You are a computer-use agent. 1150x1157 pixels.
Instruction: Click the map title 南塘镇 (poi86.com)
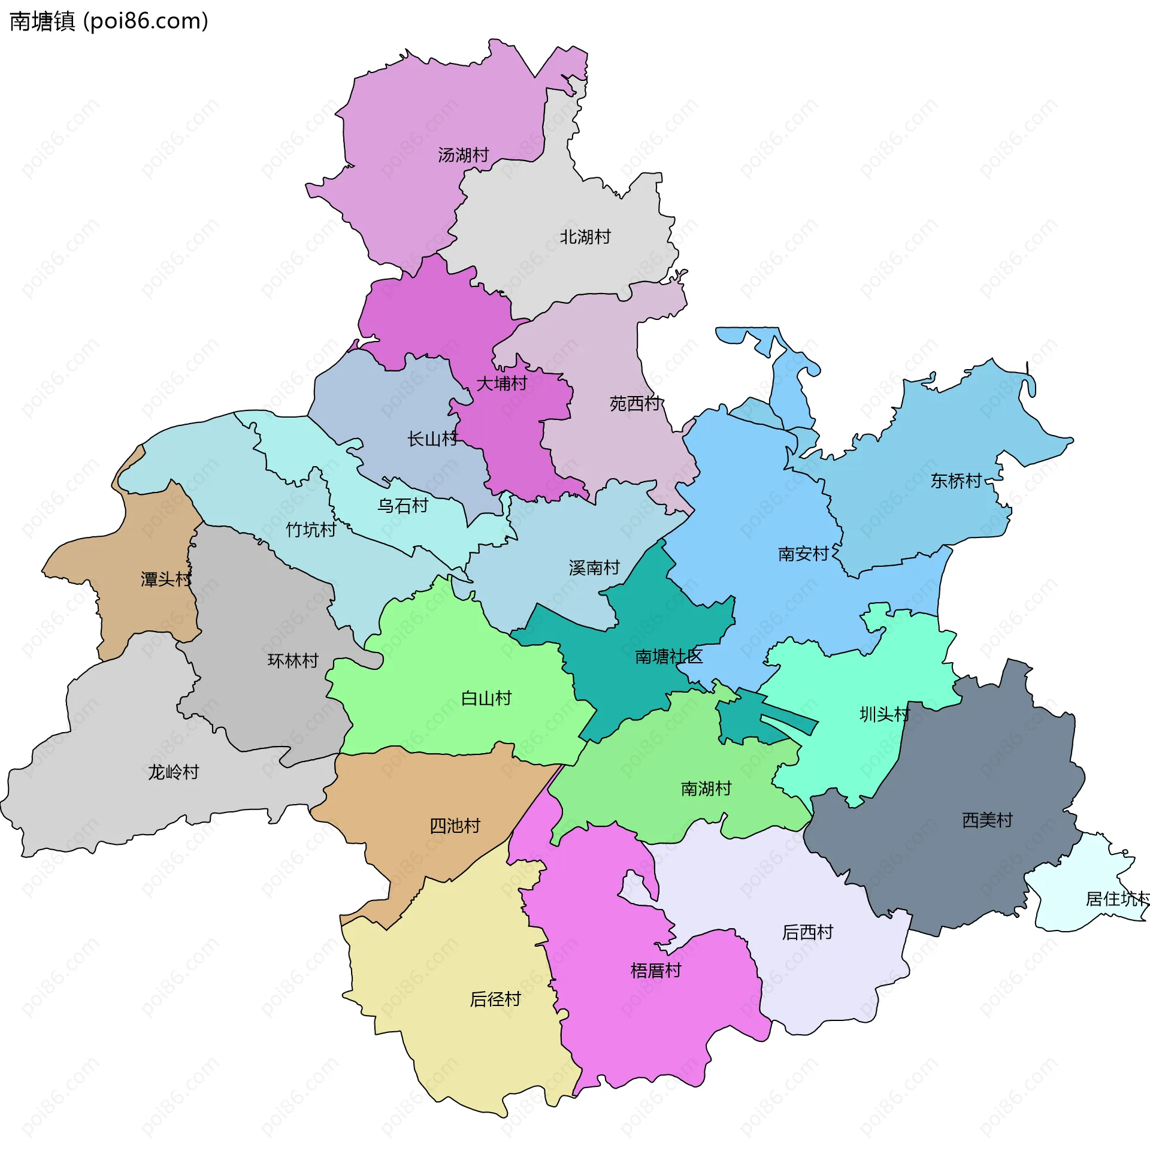click(x=109, y=22)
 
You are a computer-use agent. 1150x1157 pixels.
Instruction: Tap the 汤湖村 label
click(x=463, y=155)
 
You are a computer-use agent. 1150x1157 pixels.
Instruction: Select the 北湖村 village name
click(x=585, y=237)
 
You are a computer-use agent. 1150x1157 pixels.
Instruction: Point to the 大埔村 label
click(x=501, y=383)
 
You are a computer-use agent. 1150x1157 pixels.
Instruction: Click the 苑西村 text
click(x=635, y=404)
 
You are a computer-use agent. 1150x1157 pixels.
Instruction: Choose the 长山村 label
click(x=432, y=439)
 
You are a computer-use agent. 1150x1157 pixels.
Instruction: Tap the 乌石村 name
click(x=402, y=506)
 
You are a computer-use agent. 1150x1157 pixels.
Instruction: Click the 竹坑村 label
click(x=311, y=530)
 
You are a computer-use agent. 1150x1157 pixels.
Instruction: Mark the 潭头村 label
click(x=166, y=579)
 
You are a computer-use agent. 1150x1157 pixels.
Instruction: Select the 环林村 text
click(x=293, y=661)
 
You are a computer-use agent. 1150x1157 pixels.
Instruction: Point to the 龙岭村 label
click(x=173, y=772)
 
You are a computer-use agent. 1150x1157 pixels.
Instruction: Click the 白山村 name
click(x=486, y=699)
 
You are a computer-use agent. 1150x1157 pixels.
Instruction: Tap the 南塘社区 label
click(x=668, y=657)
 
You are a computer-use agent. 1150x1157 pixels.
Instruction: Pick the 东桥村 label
click(x=956, y=481)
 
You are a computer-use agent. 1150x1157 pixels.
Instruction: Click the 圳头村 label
click(x=885, y=714)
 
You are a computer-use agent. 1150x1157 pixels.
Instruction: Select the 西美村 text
click(x=987, y=820)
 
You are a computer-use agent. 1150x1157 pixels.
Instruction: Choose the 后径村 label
click(x=495, y=999)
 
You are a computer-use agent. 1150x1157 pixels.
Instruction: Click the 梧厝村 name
click(x=656, y=970)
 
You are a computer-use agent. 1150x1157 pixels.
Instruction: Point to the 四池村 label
click(x=455, y=826)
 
